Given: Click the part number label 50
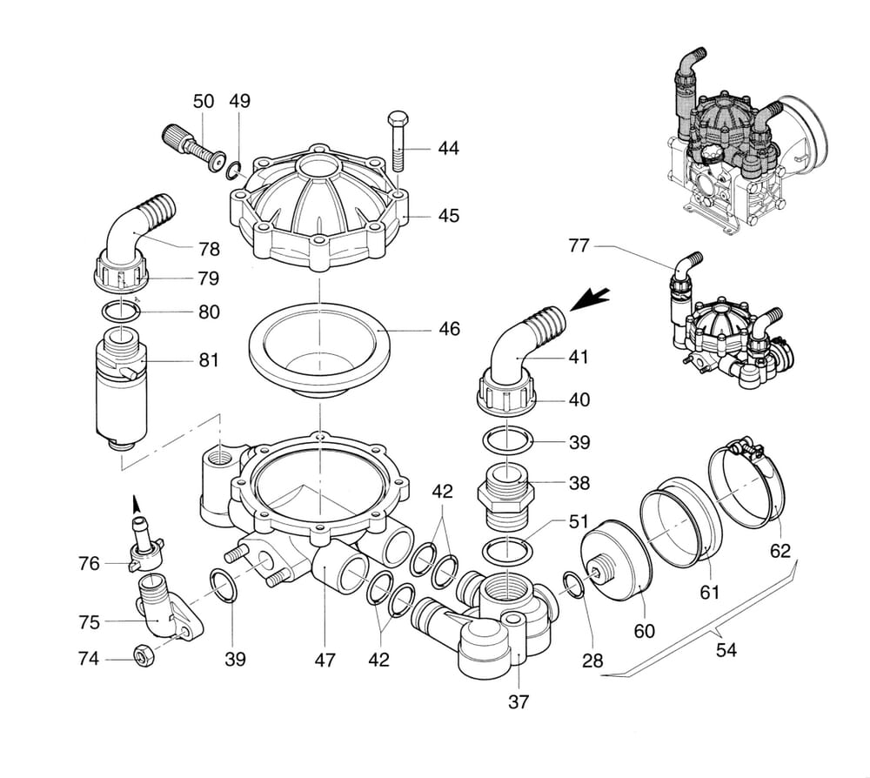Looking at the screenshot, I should (203, 102).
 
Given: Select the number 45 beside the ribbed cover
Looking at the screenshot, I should (448, 215).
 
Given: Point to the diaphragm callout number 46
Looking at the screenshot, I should (448, 330).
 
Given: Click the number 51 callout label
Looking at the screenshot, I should (579, 522).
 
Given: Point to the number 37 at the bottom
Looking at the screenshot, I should (518, 701).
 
